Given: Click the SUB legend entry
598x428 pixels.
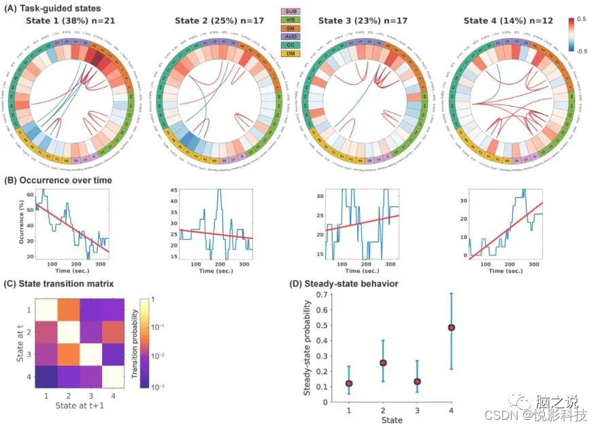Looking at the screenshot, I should pyautogui.click(x=291, y=12).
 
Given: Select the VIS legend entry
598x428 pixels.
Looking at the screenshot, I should pyautogui.click(x=291, y=21).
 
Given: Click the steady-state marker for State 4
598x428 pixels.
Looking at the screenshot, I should pyautogui.click(x=451, y=327).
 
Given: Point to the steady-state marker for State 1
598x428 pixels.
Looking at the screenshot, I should pyautogui.click(x=349, y=383).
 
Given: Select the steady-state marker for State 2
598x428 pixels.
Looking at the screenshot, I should pyautogui.click(x=383, y=363).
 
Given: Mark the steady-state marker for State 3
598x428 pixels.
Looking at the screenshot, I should pyautogui.click(x=417, y=381).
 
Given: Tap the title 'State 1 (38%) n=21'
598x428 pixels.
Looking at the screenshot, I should pyautogui.click(x=69, y=21).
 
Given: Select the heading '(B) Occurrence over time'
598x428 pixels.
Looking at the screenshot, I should pyautogui.click(x=58, y=180).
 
